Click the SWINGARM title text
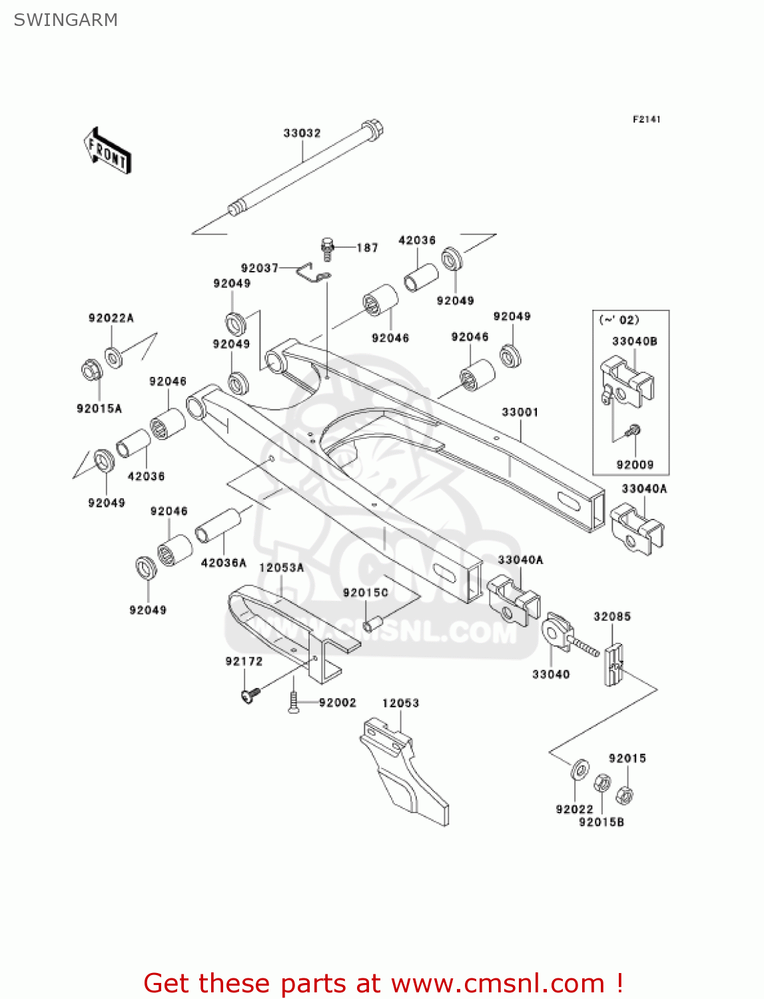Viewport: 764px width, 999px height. click(65, 20)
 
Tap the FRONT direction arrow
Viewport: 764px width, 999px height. click(107, 151)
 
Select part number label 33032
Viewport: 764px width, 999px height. click(302, 133)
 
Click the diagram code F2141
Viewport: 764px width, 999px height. click(646, 119)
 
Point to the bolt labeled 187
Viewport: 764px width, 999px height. click(327, 248)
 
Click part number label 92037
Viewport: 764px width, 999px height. click(259, 268)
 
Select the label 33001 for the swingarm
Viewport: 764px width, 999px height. click(520, 412)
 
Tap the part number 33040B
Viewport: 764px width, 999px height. click(634, 341)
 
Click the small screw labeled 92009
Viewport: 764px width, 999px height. click(633, 432)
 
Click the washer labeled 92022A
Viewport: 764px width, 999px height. click(113, 358)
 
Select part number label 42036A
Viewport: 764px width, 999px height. click(223, 563)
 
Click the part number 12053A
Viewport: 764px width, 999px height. click(281, 567)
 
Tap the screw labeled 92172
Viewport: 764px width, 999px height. click(250, 695)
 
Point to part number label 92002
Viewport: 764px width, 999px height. click(337, 703)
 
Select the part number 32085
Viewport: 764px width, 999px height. click(611, 617)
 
